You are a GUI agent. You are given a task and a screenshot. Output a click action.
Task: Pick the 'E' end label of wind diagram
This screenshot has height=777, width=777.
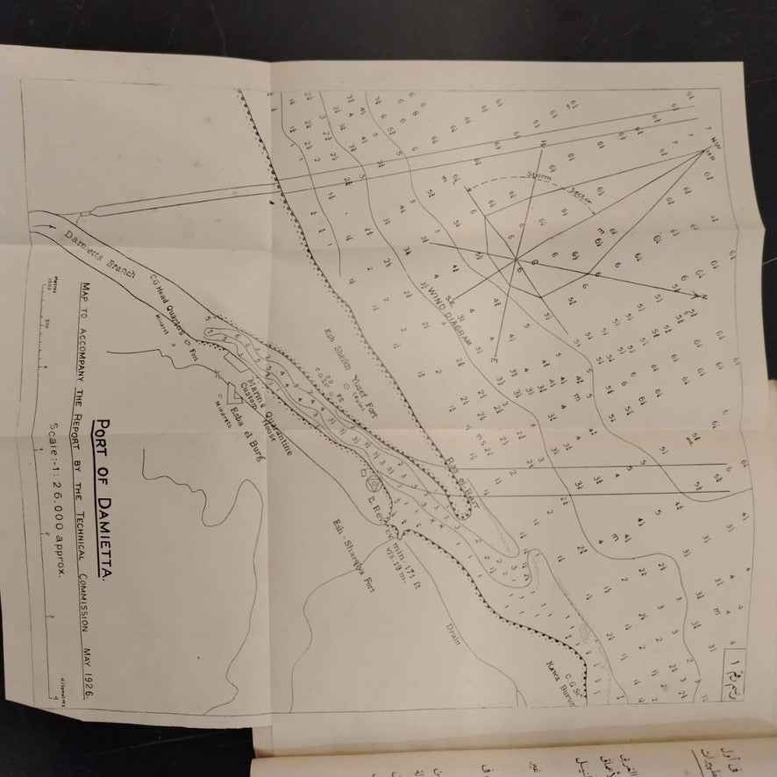(494, 360)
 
